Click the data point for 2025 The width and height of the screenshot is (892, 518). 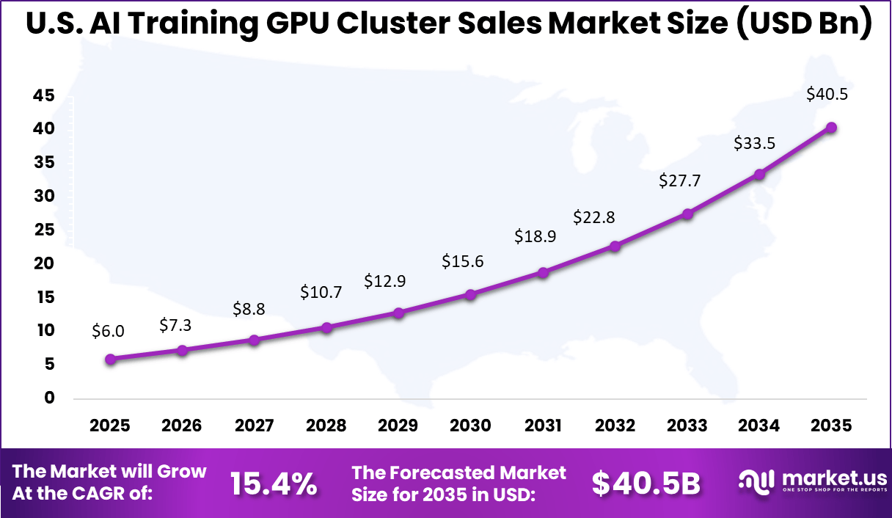[x=110, y=359]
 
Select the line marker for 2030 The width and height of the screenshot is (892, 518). [x=471, y=294]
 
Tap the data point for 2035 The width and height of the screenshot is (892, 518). [x=831, y=128]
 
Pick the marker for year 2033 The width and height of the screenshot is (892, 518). [x=687, y=214]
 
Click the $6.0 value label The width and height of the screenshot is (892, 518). [x=108, y=331]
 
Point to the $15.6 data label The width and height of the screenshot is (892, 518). [x=462, y=261]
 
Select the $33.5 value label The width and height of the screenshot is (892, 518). [x=755, y=143]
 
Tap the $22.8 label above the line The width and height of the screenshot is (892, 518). [x=594, y=217]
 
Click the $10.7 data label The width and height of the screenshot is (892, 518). [x=321, y=292]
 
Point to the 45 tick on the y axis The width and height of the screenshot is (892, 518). [x=43, y=95]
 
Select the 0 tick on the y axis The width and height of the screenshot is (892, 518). [x=49, y=398]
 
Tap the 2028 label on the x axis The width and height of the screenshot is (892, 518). [x=326, y=426]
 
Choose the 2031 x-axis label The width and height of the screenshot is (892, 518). [x=543, y=426]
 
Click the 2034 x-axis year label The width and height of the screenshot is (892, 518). [x=759, y=426]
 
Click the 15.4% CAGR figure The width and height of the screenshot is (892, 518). [x=274, y=484]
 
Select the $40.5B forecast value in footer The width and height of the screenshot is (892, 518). [x=646, y=484]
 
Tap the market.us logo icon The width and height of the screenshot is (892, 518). [x=756, y=481]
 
